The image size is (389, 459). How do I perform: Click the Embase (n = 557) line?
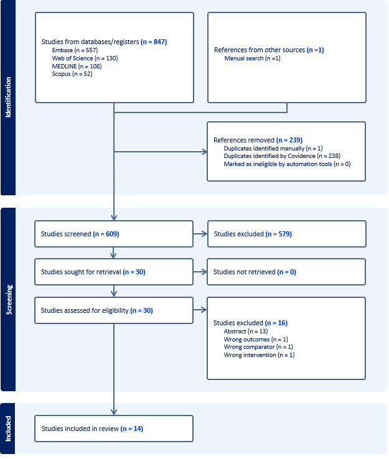(75, 50)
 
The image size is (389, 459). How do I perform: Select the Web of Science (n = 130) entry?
(85, 58)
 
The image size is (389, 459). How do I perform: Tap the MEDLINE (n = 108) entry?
(77, 66)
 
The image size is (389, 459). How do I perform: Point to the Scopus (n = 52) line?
(72, 74)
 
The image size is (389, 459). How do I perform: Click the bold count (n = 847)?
(154, 42)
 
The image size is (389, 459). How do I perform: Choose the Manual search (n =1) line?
(253, 58)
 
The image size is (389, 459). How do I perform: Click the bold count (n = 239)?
(289, 140)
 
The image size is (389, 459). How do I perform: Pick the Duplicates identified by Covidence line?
(282, 156)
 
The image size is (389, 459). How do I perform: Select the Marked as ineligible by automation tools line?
(287, 164)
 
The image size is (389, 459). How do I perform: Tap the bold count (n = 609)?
(106, 234)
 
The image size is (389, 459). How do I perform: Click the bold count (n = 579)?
(279, 234)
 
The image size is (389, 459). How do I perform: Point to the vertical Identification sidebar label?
(8, 97)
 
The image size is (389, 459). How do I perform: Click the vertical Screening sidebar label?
(9, 300)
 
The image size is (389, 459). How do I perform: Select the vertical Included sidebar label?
(8, 429)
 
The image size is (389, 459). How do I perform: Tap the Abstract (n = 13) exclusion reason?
(246, 331)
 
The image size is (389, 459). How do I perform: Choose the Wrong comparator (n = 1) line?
(258, 347)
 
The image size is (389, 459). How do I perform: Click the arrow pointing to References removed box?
(161, 152)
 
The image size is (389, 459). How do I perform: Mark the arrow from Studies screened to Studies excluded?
(200, 234)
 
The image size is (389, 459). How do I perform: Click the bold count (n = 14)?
(132, 429)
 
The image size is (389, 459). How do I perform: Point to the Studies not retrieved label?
(245, 272)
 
